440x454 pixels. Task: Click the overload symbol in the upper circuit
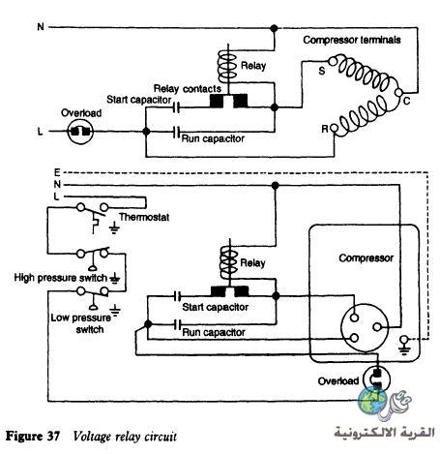[80, 132]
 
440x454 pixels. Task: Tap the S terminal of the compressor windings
[332, 61]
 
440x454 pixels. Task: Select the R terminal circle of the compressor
[335, 129]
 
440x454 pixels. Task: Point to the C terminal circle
[398, 93]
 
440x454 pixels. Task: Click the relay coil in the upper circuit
[228, 66]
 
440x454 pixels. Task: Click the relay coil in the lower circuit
[229, 262]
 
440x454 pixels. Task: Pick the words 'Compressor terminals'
[352, 40]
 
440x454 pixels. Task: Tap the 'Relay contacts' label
[188, 88]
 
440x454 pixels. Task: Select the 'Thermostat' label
[144, 217]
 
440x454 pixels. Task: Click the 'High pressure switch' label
[61, 278]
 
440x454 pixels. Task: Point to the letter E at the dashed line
[57, 173]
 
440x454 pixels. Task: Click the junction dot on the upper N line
[274, 28]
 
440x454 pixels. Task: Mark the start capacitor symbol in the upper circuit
[176, 107]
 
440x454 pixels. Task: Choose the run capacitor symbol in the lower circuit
[177, 324]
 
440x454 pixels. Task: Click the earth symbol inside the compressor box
[404, 345]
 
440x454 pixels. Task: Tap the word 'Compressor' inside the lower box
[367, 258]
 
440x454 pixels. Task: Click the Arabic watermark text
[384, 432]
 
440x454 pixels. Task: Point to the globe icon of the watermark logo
[372, 400]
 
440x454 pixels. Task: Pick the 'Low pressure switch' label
[81, 323]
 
